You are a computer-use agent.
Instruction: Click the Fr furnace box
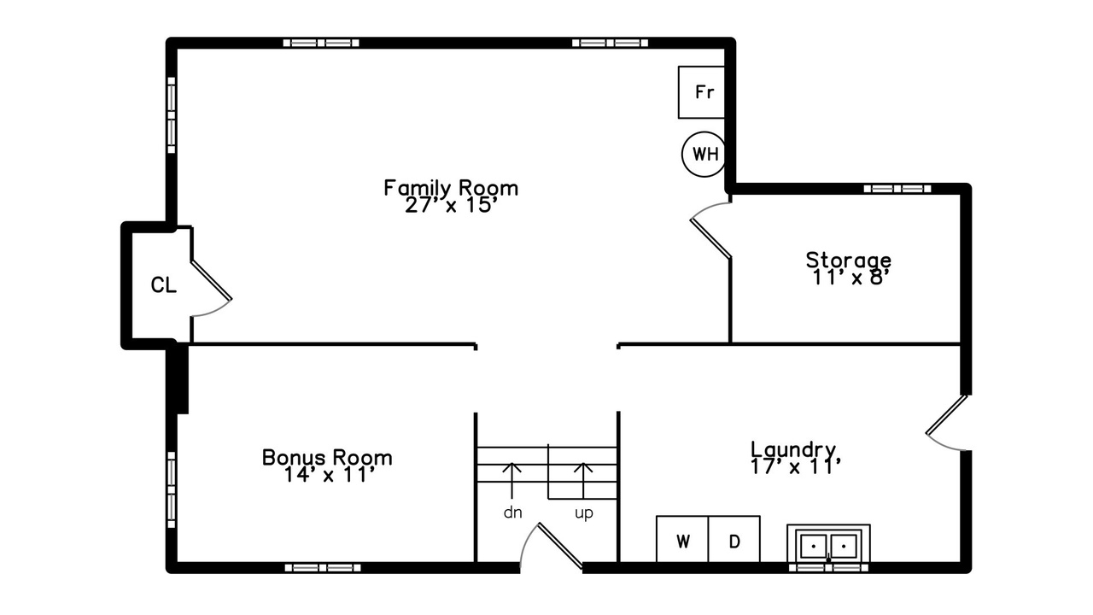click(701, 92)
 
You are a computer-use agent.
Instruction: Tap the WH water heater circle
click(704, 155)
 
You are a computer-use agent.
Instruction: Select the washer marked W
click(682, 539)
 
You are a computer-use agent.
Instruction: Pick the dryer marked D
click(734, 539)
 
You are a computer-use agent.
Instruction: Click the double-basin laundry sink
click(828, 544)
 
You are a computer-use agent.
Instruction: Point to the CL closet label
click(163, 285)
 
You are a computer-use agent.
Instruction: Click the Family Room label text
click(451, 188)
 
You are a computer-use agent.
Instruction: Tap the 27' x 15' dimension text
click(451, 206)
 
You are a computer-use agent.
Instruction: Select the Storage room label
click(849, 261)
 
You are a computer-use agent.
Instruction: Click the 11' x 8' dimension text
click(849, 278)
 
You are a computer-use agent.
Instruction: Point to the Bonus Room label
click(327, 457)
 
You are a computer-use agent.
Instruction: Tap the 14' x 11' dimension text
click(330, 475)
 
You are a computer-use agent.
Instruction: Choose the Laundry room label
click(794, 449)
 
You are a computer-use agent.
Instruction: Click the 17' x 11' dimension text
click(796, 467)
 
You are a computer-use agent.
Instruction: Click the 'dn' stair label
click(513, 512)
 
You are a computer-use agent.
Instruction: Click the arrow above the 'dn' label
click(511, 480)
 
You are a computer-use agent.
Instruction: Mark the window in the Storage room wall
click(897, 189)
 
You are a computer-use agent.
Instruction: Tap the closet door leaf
click(211, 279)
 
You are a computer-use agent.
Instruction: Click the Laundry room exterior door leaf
click(946, 414)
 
